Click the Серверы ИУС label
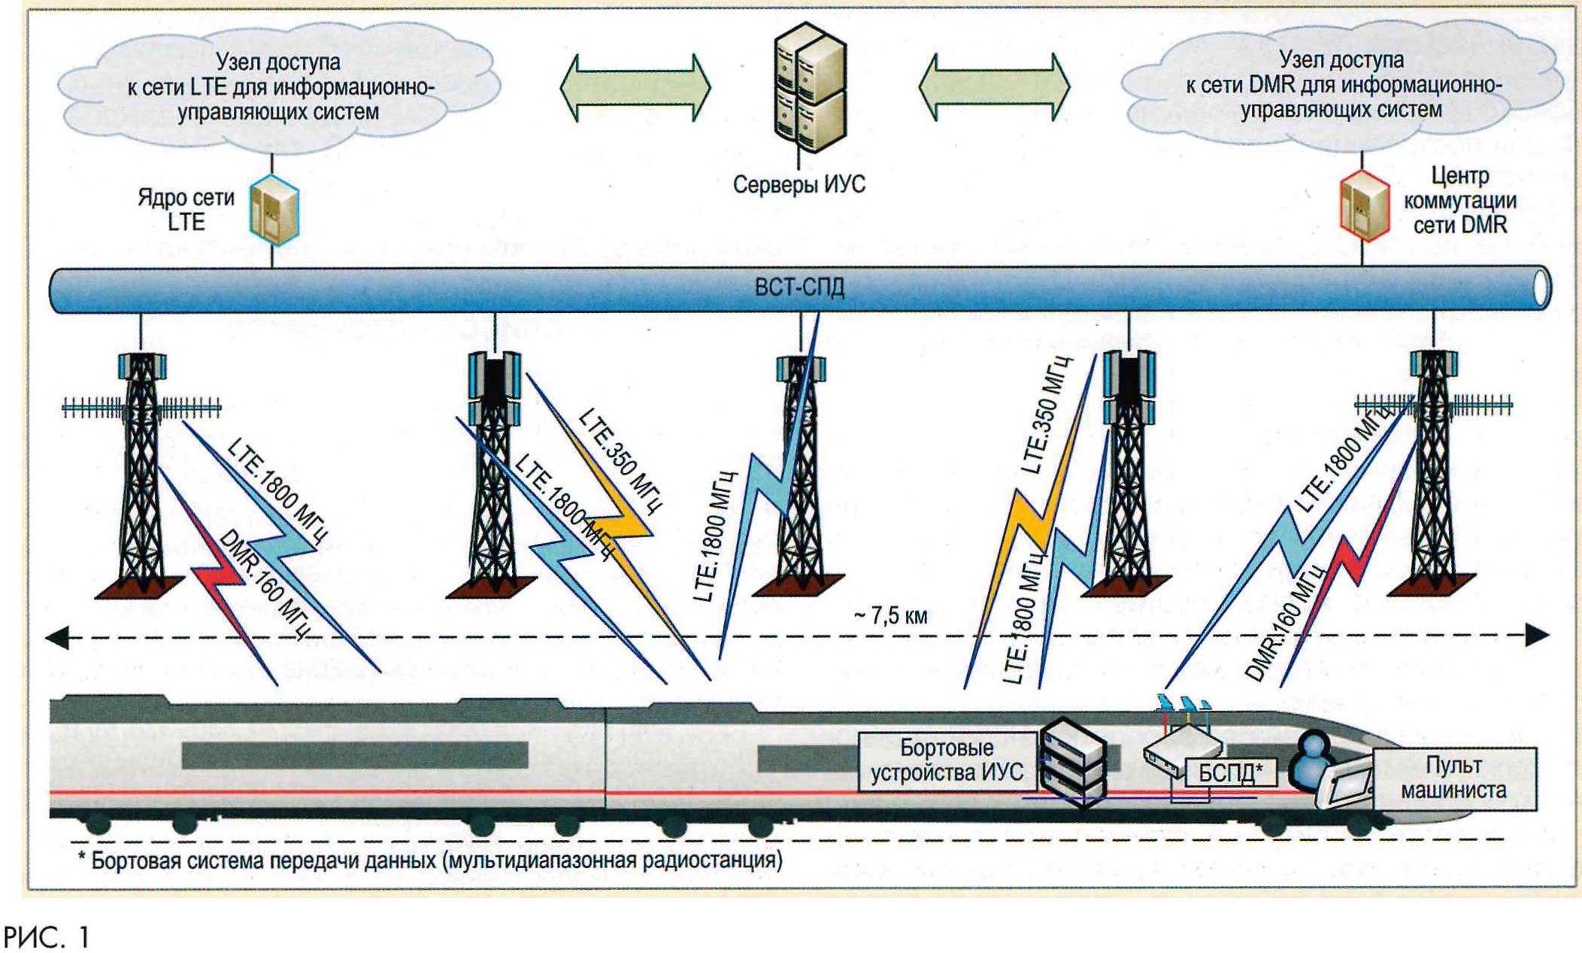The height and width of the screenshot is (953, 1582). [x=799, y=184]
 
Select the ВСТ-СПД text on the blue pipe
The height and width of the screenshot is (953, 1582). [x=799, y=287]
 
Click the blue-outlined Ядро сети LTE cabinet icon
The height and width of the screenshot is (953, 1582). [x=274, y=211]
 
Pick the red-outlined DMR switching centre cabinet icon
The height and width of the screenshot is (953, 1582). [x=1364, y=205]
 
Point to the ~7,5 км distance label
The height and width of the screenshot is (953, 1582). [x=891, y=616]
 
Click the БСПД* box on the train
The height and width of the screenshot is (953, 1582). [x=1230, y=772]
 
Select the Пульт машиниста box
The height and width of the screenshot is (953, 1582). [x=1454, y=778]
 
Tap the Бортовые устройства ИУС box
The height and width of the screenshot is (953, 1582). [x=947, y=760]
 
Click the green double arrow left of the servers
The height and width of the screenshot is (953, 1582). [x=635, y=88]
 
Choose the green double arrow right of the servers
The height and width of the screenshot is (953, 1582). [x=994, y=88]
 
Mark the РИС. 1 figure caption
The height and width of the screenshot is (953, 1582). [x=47, y=937]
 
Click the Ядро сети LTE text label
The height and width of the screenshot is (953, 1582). [x=186, y=210]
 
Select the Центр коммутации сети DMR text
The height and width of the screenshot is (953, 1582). [x=1459, y=200]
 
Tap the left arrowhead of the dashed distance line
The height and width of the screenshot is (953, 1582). [x=57, y=639]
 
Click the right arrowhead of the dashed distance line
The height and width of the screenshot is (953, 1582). [x=1537, y=635]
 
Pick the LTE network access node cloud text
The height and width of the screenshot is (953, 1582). [x=279, y=86]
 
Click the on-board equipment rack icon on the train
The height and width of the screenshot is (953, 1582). [x=1074, y=763]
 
